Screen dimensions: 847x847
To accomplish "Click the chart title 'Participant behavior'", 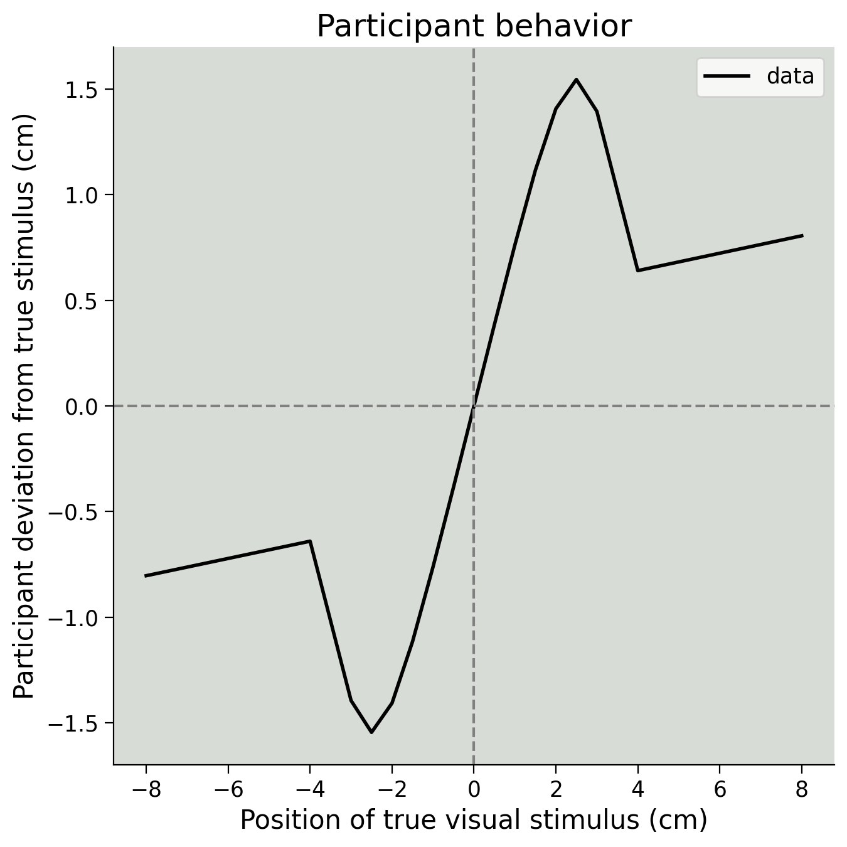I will click(x=474, y=26).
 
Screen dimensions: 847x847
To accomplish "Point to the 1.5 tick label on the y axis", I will click(x=81, y=90).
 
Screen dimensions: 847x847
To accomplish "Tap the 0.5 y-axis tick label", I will click(x=81, y=301).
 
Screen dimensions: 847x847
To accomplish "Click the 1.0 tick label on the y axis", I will click(x=81, y=195).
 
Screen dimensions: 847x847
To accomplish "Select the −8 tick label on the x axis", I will click(x=146, y=789).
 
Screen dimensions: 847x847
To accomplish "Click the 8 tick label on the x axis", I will click(x=801, y=789).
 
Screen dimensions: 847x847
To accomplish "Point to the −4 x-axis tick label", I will click(x=309, y=789).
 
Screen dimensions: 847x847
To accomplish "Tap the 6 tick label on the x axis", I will click(x=720, y=789).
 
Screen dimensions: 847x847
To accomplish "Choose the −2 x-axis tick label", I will click(x=392, y=789).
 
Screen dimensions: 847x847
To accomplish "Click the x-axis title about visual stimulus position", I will click(x=474, y=820).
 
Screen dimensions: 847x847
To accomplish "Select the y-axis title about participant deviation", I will click(x=25, y=406).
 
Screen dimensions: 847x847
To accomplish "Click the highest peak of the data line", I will click(x=576, y=80).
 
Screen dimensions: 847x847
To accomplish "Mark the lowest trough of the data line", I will click(x=371, y=732).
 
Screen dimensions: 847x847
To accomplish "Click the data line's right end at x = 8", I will click(x=802, y=236).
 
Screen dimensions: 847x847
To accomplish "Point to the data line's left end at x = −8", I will click(x=146, y=575).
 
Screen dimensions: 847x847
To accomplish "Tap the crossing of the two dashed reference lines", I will click(x=474, y=406).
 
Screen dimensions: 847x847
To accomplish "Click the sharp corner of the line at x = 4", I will click(x=637, y=270).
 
